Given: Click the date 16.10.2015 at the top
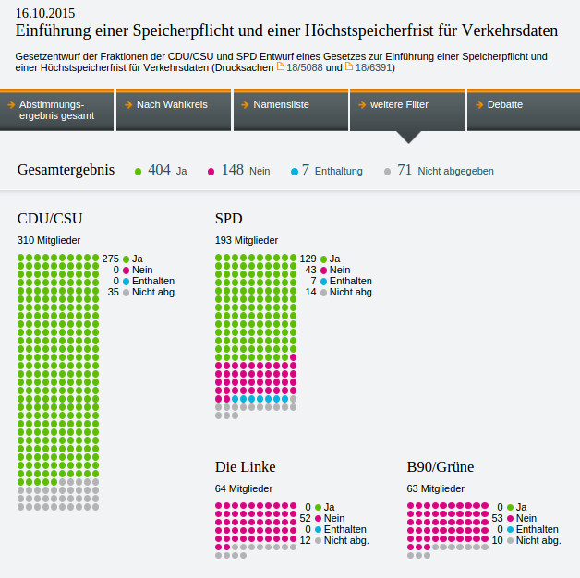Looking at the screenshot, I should click(46, 14).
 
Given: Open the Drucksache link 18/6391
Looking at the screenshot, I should click(373, 67).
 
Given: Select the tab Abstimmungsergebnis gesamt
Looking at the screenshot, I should click(57, 110).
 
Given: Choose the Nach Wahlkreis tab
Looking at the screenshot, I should click(173, 105).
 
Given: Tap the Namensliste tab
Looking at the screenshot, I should click(290, 105).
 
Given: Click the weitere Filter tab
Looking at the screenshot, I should click(406, 105).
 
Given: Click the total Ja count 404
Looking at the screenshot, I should click(159, 170).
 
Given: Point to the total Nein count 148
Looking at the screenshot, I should click(232, 170).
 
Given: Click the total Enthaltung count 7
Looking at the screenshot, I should click(305, 170).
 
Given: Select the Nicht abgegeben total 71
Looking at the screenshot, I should click(404, 170).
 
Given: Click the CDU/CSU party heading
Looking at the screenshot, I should click(50, 219).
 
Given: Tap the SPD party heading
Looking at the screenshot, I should click(229, 219).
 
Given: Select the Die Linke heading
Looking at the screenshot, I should click(245, 466).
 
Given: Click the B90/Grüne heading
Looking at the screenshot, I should click(440, 466).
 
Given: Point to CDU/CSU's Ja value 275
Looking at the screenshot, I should click(111, 259).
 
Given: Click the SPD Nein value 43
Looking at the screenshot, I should click(310, 270).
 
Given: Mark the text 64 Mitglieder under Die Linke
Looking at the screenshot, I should click(244, 488).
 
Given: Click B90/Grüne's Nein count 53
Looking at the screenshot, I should click(497, 518).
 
